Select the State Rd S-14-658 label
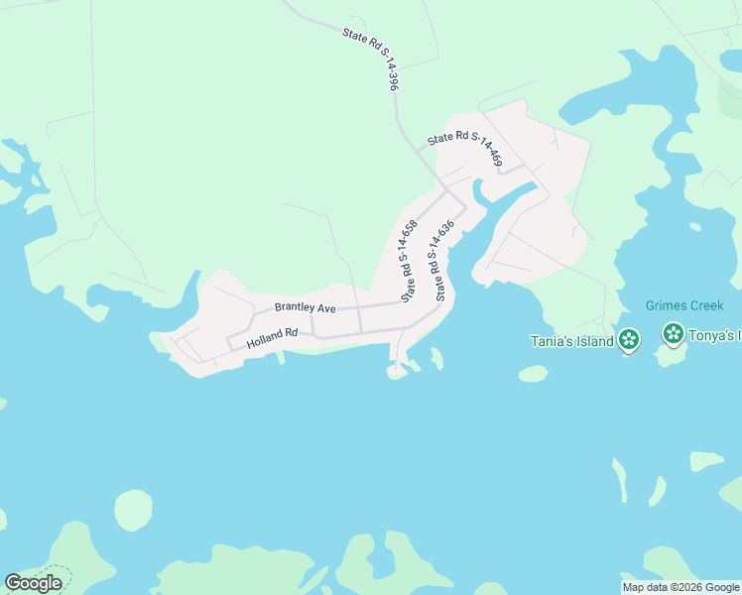(409, 260)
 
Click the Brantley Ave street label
(305, 308)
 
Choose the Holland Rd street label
(273, 338)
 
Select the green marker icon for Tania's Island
(628, 340)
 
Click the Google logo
(34, 583)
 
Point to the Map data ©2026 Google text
(680, 587)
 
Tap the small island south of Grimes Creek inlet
(533, 374)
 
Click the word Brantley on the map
(295, 308)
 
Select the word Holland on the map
(265, 340)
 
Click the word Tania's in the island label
(552, 343)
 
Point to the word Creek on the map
(705, 305)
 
